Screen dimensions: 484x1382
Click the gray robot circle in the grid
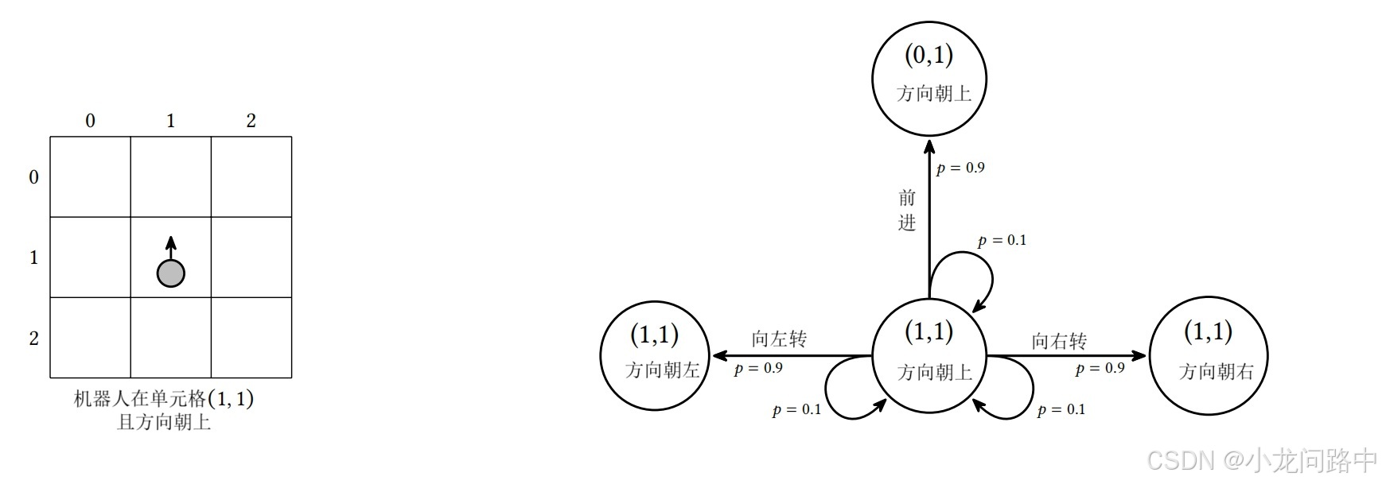[x=170, y=273]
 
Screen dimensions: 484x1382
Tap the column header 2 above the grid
[x=251, y=121]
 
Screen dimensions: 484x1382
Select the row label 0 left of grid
[x=33, y=177]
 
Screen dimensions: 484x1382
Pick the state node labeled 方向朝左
[x=654, y=355]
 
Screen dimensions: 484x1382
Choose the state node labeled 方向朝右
[x=1208, y=355]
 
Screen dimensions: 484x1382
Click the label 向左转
[x=779, y=339]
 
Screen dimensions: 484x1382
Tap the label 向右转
[x=1059, y=341]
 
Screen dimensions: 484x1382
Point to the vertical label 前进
[x=907, y=210]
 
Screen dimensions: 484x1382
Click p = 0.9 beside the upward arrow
[x=960, y=168]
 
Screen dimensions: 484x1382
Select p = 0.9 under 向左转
[x=758, y=368]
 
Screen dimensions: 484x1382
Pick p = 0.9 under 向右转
[x=1100, y=368]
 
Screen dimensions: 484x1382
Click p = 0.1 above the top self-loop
[x=1002, y=240]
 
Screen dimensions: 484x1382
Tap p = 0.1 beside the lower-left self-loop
[x=796, y=409]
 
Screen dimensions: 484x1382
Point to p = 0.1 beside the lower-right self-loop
[x=1061, y=409]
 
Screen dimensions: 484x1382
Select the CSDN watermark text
[x=1263, y=460]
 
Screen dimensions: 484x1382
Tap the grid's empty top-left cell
[x=91, y=177]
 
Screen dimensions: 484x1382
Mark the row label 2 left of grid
[x=33, y=339]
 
